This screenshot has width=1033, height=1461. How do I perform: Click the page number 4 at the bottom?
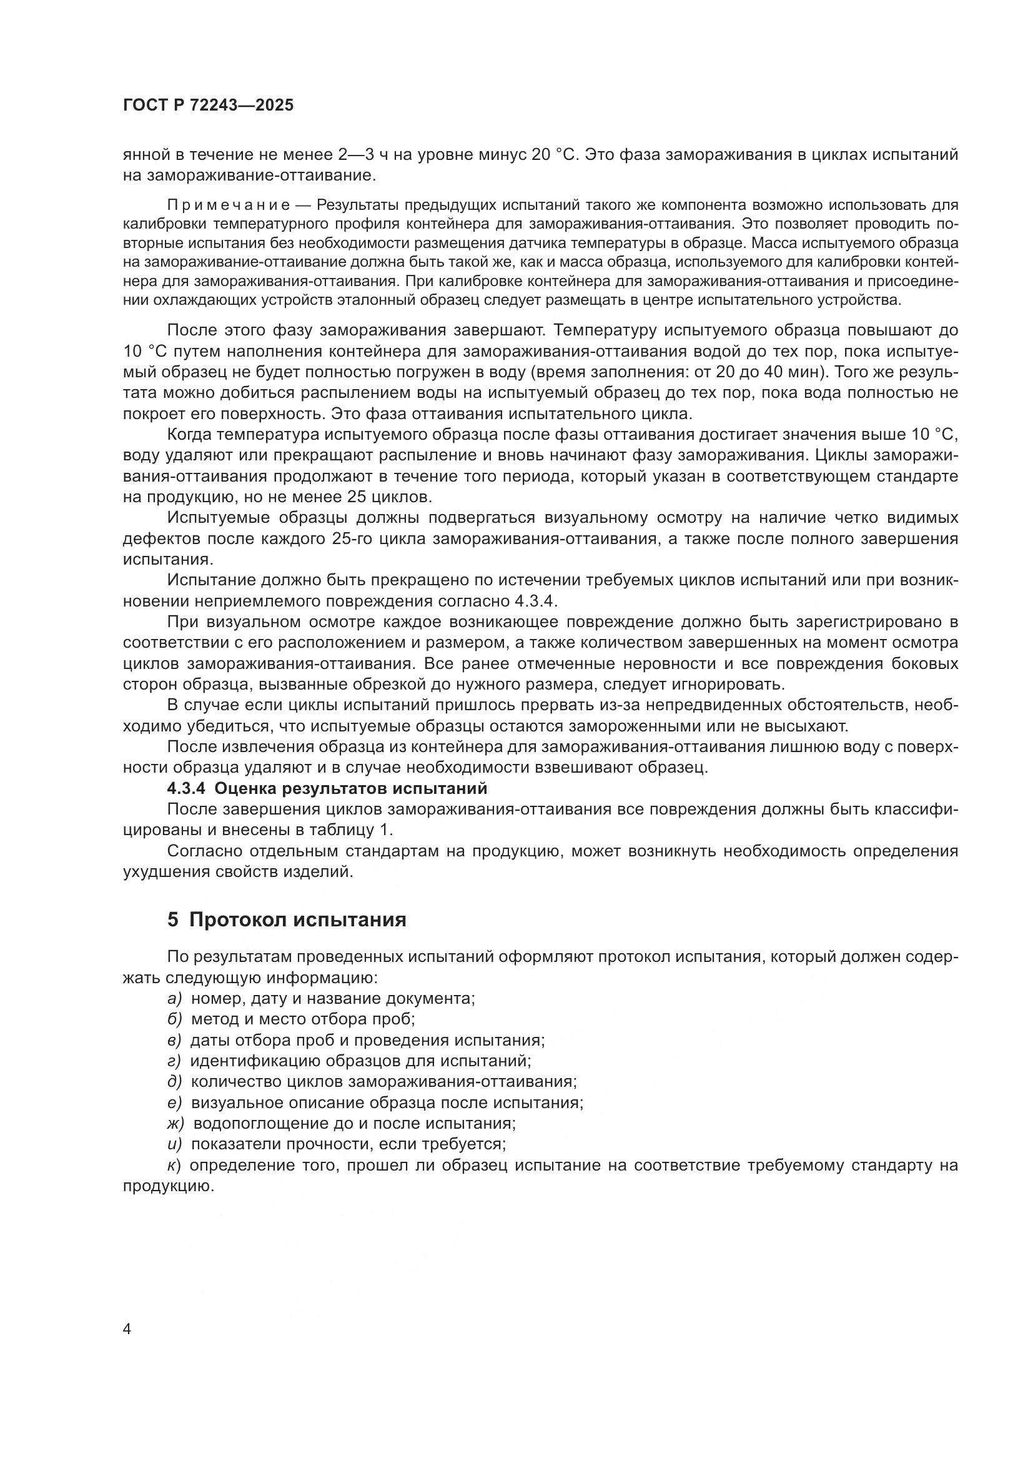click(x=127, y=1329)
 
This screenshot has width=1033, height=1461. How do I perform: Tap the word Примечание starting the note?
click(x=229, y=205)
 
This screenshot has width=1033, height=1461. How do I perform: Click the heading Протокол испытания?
click(x=298, y=919)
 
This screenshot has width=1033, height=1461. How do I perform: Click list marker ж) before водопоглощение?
click(x=175, y=1123)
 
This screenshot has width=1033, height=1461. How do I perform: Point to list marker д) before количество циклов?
click(x=174, y=1082)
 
